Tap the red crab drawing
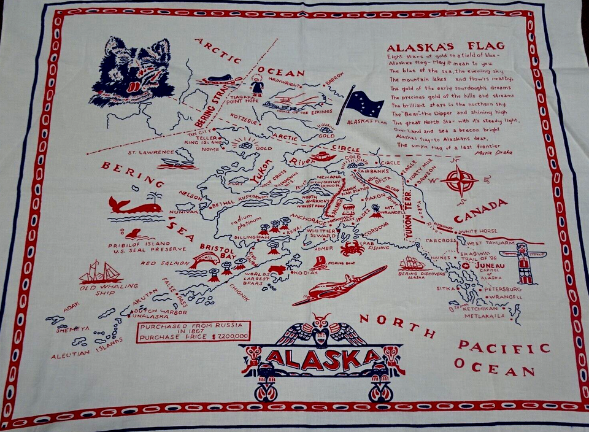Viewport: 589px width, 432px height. [352, 249]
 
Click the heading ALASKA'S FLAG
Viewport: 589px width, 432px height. [446, 45]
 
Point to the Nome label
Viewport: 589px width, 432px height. [210, 149]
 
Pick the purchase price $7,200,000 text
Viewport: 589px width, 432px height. [194, 336]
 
